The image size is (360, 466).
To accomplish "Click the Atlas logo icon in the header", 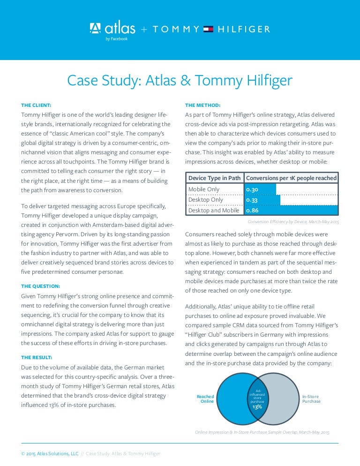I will [x=95, y=29].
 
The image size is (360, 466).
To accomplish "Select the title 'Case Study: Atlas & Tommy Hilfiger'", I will [x=180, y=80].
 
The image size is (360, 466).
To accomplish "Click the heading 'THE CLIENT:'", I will [x=37, y=105].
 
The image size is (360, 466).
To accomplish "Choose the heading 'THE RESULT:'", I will [x=37, y=357].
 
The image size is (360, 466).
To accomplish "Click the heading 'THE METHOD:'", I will [x=202, y=105].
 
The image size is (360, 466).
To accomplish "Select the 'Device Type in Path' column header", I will [x=214, y=178].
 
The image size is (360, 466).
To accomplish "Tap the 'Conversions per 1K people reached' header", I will [x=291, y=178].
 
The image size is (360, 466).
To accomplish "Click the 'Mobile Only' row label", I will [x=204, y=189].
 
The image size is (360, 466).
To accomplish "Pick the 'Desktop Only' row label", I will [x=205, y=200].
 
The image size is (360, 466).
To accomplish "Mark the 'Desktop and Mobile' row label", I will [x=214, y=210].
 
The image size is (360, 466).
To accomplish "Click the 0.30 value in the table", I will [x=252, y=189].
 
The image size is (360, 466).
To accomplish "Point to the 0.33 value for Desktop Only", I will [x=252, y=200].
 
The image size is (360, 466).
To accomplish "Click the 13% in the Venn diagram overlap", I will [x=257, y=406].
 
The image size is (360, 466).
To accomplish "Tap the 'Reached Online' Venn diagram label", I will [x=205, y=398].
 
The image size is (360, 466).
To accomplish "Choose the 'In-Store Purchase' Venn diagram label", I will [x=311, y=398].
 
